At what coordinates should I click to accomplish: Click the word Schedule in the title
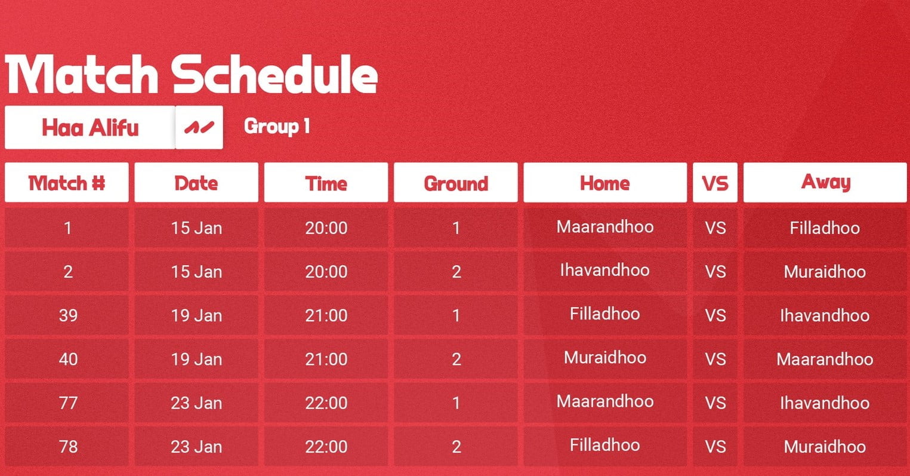pyautogui.click(x=274, y=75)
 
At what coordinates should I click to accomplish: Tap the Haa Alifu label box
pyautogui.click(x=90, y=127)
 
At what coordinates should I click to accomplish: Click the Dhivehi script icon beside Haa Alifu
pyautogui.click(x=199, y=127)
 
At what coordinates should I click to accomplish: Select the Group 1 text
pyautogui.click(x=277, y=127)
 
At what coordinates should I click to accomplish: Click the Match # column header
pyautogui.click(x=67, y=183)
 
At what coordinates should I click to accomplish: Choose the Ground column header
pyautogui.click(x=456, y=183)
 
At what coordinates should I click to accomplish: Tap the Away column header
pyautogui.click(x=825, y=183)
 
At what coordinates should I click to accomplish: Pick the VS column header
pyautogui.click(x=715, y=183)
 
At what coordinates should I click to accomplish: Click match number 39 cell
pyautogui.click(x=67, y=315)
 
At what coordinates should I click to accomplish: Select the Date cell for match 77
pyautogui.click(x=196, y=403)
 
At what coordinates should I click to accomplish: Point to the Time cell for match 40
pyautogui.click(x=326, y=360)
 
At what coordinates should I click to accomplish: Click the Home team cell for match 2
pyautogui.click(x=605, y=272)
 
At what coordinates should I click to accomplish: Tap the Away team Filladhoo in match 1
pyautogui.click(x=825, y=228)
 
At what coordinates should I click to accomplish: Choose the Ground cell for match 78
pyautogui.click(x=456, y=447)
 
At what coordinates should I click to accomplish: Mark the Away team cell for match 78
pyautogui.click(x=825, y=447)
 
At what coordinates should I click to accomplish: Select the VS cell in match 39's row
pyautogui.click(x=715, y=315)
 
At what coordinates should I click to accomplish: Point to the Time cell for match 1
pyautogui.click(x=326, y=228)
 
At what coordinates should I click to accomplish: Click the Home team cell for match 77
pyautogui.click(x=605, y=403)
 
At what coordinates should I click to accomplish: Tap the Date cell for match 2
pyautogui.click(x=196, y=272)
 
